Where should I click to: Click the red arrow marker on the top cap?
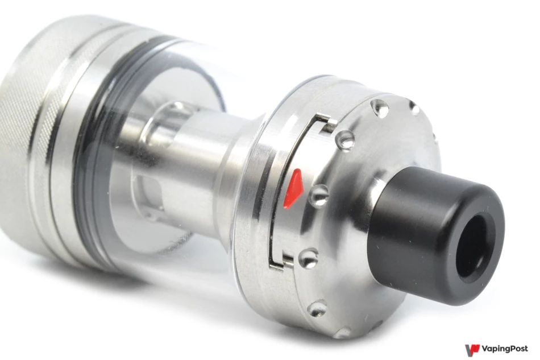pyautogui.click(x=293, y=188)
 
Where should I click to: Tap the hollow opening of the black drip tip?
pyautogui.click(x=477, y=243)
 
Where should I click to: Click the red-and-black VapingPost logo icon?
pyautogui.click(x=472, y=350)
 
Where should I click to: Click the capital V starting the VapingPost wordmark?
pyautogui.click(x=485, y=349)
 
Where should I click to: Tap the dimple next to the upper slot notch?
pyautogui.click(x=345, y=139)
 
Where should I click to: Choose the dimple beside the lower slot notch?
pyautogui.click(x=308, y=258)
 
